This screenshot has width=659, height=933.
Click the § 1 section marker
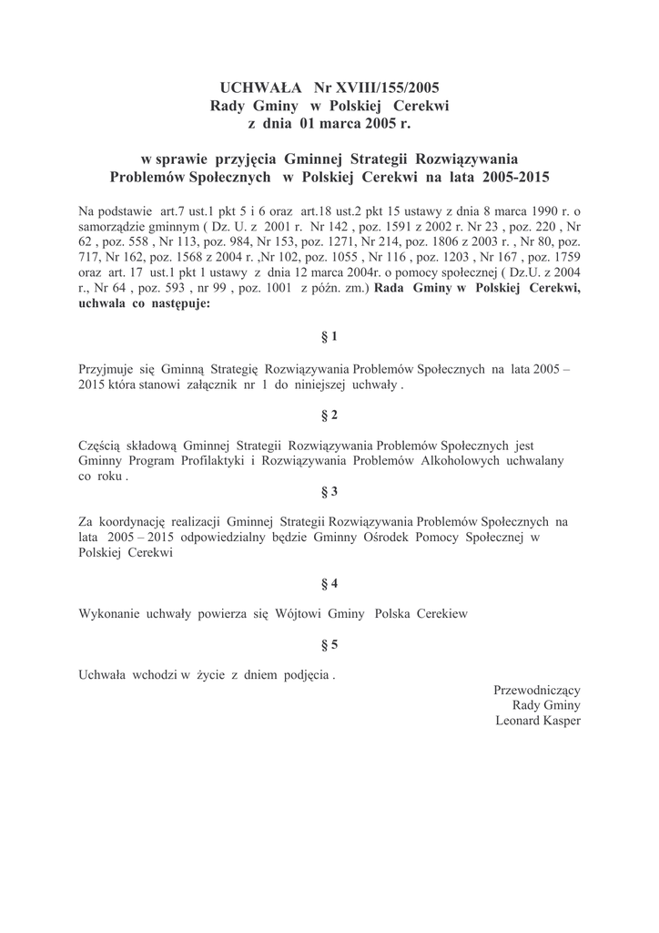coord(329,336)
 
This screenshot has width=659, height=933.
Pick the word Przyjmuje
coord(108,368)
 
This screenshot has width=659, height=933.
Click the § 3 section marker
coord(329,491)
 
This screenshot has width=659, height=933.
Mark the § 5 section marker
coord(329,644)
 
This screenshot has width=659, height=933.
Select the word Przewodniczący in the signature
coord(537,690)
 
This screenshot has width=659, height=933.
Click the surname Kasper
coord(560,720)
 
